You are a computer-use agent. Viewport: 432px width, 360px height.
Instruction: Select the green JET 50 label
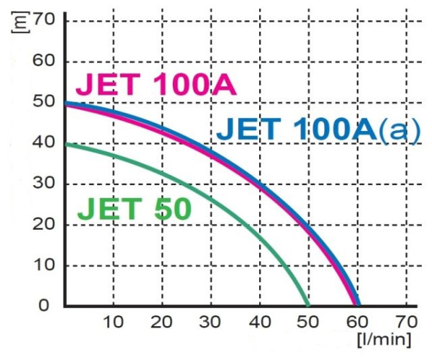[134, 210]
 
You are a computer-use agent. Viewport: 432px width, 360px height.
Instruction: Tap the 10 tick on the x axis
[113, 320]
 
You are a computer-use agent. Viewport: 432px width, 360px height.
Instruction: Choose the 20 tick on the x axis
[162, 320]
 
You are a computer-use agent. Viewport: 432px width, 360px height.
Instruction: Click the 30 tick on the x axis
[210, 320]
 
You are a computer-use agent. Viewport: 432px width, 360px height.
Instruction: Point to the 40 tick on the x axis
[259, 320]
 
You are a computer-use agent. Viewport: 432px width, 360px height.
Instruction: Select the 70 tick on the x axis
[406, 320]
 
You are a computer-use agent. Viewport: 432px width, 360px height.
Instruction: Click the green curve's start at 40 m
[66, 144]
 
